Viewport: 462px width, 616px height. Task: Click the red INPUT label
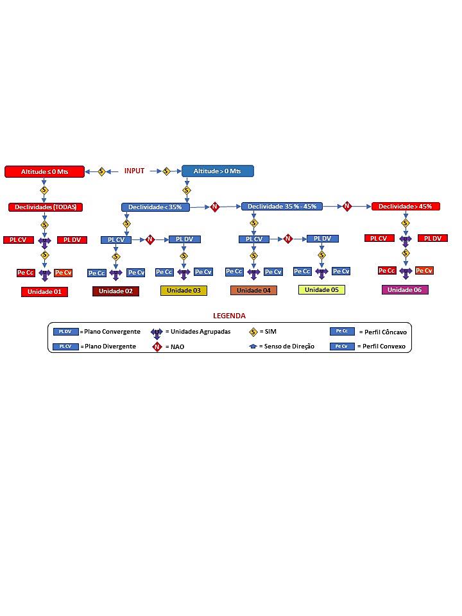[x=134, y=171]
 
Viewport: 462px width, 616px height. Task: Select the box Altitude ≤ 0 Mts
[x=45, y=171]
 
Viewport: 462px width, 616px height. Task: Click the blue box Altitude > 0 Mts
[x=218, y=171]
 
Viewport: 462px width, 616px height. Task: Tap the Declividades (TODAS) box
[x=46, y=207]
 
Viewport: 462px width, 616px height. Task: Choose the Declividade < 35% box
[x=155, y=207]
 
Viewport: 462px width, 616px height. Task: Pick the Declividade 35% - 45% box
[x=282, y=206]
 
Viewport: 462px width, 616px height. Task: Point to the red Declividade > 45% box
[x=406, y=206]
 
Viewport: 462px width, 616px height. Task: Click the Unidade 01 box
[x=44, y=292]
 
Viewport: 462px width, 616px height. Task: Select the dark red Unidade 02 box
[x=116, y=291]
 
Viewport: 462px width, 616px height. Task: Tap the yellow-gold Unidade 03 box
[x=184, y=291]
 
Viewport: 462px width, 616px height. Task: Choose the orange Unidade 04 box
[x=253, y=291]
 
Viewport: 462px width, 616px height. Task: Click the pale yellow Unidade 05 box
[x=321, y=290]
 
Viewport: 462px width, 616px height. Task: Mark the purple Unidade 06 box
[x=404, y=290]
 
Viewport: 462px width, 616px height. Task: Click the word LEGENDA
[x=229, y=316]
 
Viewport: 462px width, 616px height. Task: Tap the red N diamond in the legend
[x=157, y=346]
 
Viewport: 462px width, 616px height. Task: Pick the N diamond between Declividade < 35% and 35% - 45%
[x=215, y=207]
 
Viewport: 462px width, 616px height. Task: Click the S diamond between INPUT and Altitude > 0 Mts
[x=166, y=171]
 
